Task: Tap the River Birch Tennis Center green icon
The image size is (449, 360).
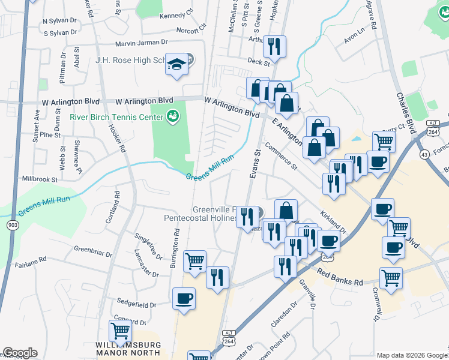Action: [x=173, y=115]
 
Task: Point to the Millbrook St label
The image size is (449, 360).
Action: [x=40, y=179]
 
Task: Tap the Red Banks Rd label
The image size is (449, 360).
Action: [x=340, y=278]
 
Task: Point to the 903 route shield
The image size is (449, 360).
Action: [x=13, y=224]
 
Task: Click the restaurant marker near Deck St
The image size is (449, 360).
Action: [x=274, y=47]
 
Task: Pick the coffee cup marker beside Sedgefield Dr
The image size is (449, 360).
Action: [x=184, y=298]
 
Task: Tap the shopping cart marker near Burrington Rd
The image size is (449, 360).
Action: [x=194, y=262]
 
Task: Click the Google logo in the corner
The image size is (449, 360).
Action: [x=20, y=353]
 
